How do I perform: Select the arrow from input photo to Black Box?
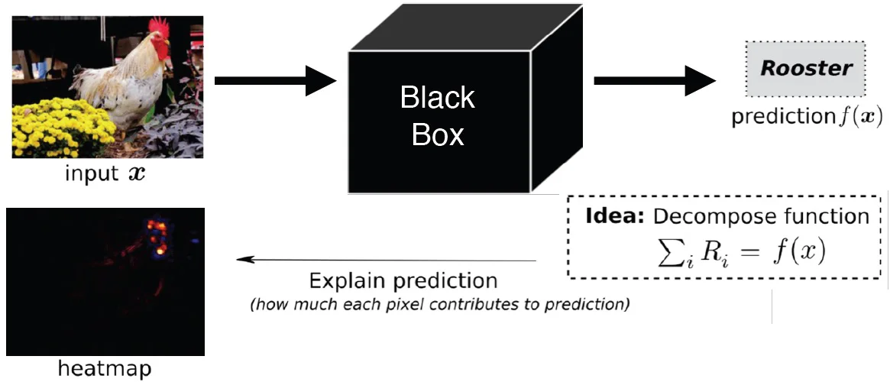pos(275,80)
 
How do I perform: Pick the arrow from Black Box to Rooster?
pos(653,80)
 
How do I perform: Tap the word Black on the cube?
pos(438,98)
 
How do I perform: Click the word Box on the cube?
pos(438,134)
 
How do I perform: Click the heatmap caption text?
pos(105,369)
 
